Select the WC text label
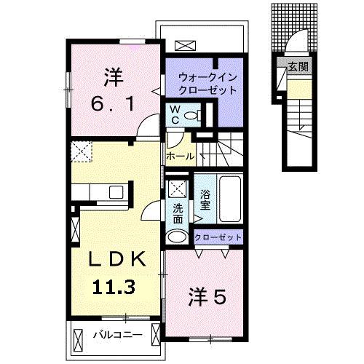175,113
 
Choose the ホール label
180,157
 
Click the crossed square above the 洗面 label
177,189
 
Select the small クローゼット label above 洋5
218,238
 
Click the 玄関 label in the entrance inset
298,66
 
